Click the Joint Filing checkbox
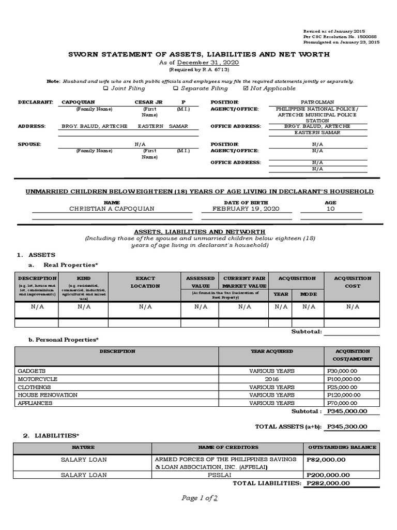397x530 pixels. click(106, 89)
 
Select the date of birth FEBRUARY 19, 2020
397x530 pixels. click(242, 209)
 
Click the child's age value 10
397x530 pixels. click(330, 209)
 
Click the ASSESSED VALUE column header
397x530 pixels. click(200, 282)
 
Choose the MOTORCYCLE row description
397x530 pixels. click(36, 379)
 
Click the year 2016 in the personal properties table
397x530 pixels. click(272, 379)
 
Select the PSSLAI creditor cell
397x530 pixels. click(227, 475)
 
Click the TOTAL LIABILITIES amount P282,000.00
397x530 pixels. click(328, 483)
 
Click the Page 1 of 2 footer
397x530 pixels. click(199, 498)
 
